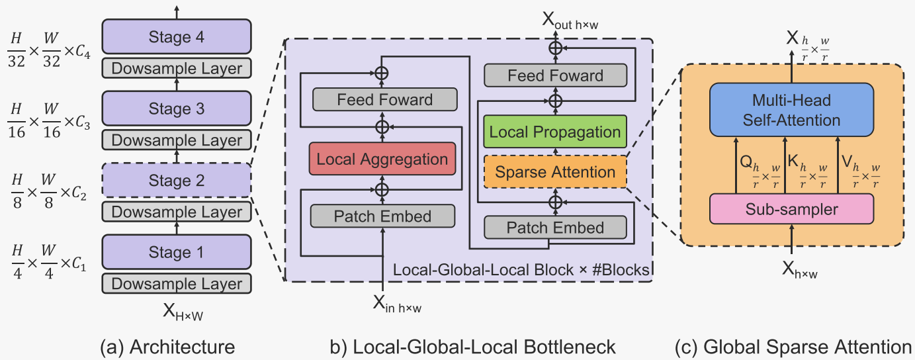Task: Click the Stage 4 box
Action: tap(177, 38)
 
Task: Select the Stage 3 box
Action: tap(177, 109)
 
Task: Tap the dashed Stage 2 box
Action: tap(177, 181)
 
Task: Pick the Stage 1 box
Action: tap(177, 252)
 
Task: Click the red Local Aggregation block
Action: tap(382, 159)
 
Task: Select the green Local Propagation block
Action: tap(555, 132)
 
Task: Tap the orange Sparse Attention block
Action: tap(555, 172)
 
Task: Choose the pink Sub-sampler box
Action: tap(792, 209)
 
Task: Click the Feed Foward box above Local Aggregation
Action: tap(384, 101)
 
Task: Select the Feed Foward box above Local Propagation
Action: tap(555, 75)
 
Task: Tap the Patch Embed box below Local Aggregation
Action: tap(382, 216)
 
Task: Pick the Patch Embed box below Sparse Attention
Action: tap(555, 228)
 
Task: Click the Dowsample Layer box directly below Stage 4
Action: tap(177, 68)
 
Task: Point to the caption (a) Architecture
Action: tap(167, 347)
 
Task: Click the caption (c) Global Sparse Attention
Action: tap(793, 347)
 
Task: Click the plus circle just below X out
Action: tap(556, 48)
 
